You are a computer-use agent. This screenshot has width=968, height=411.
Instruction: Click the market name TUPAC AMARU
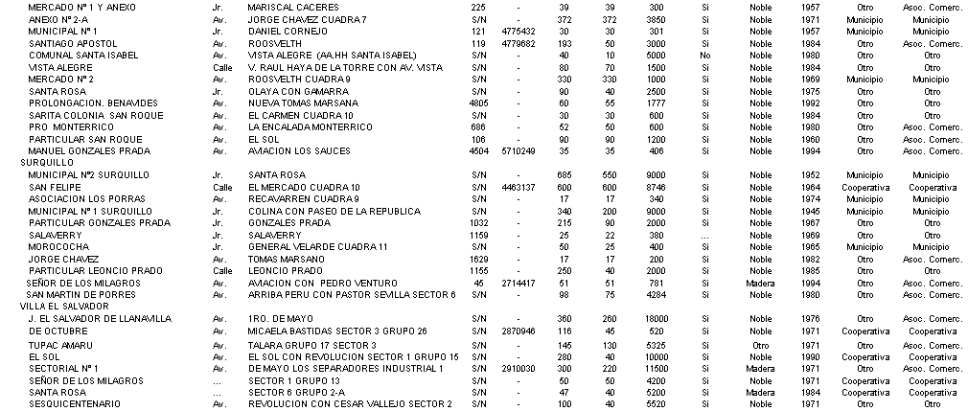pyautogui.click(x=58, y=344)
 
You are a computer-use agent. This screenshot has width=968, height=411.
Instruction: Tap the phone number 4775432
pyautogui.click(x=517, y=31)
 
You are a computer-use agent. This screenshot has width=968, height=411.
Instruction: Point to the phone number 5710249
pyautogui.click(x=517, y=150)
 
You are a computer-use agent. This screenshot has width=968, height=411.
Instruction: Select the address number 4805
pyautogui.click(x=479, y=103)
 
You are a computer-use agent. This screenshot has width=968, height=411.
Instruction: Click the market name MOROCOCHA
pyautogui.click(x=60, y=246)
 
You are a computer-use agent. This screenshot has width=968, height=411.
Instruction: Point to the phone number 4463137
pyautogui.click(x=517, y=187)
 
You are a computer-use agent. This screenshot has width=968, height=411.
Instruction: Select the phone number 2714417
pyautogui.click(x=517, y=283)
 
